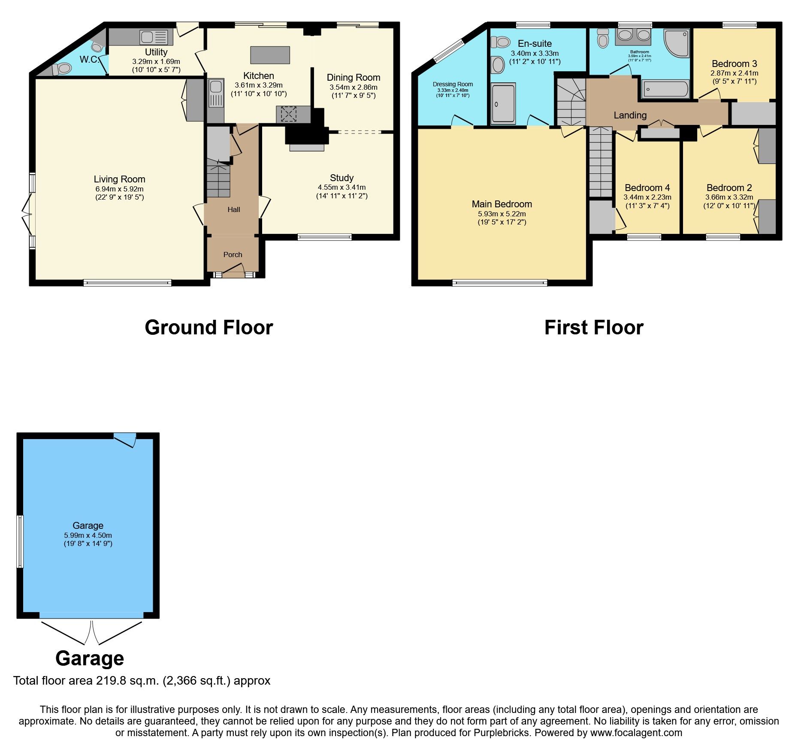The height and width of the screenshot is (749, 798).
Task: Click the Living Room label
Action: pyautogui.click(x=119, y=179)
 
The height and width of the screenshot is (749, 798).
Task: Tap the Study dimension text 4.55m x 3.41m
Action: pyautogui.click(x=342, y=187)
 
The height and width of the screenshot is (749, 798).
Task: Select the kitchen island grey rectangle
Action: pyautogui.click(x=270, y=55)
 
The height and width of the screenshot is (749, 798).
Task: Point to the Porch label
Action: pyautogui.click(x=233, y=255)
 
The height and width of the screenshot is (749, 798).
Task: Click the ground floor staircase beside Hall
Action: pyautogui.click(x=218, y=180)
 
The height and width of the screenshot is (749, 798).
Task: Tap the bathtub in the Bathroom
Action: pyautogui.click(x=665, y=90)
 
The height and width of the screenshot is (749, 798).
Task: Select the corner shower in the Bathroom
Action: pyautogui.click(x=677, y=43)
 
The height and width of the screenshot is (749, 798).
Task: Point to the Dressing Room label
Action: pyautogui.click(x=453, y=84)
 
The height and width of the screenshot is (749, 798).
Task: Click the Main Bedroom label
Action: pyautogui.click(x=502, y=204)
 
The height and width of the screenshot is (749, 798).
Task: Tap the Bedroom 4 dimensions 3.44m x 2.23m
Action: pyautogui.click(x=647, y=197)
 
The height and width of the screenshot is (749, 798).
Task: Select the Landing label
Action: pyautogui.click(x=630, y=115)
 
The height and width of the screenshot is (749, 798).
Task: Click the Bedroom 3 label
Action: pyautogui.click(x=734, y=64)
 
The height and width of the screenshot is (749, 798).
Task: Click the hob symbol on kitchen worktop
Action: pyautogui.click(x=289, y=114)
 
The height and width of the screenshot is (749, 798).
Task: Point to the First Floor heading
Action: pyautogui.click(x=593, y=327)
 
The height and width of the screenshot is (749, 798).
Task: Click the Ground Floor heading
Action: pyautogui.click(x=209, y=327)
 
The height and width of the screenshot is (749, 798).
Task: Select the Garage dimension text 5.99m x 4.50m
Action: pyautogui.click(x=88, y=535)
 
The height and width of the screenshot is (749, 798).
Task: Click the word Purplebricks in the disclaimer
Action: pyautogui.click(x=502, y=733)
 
